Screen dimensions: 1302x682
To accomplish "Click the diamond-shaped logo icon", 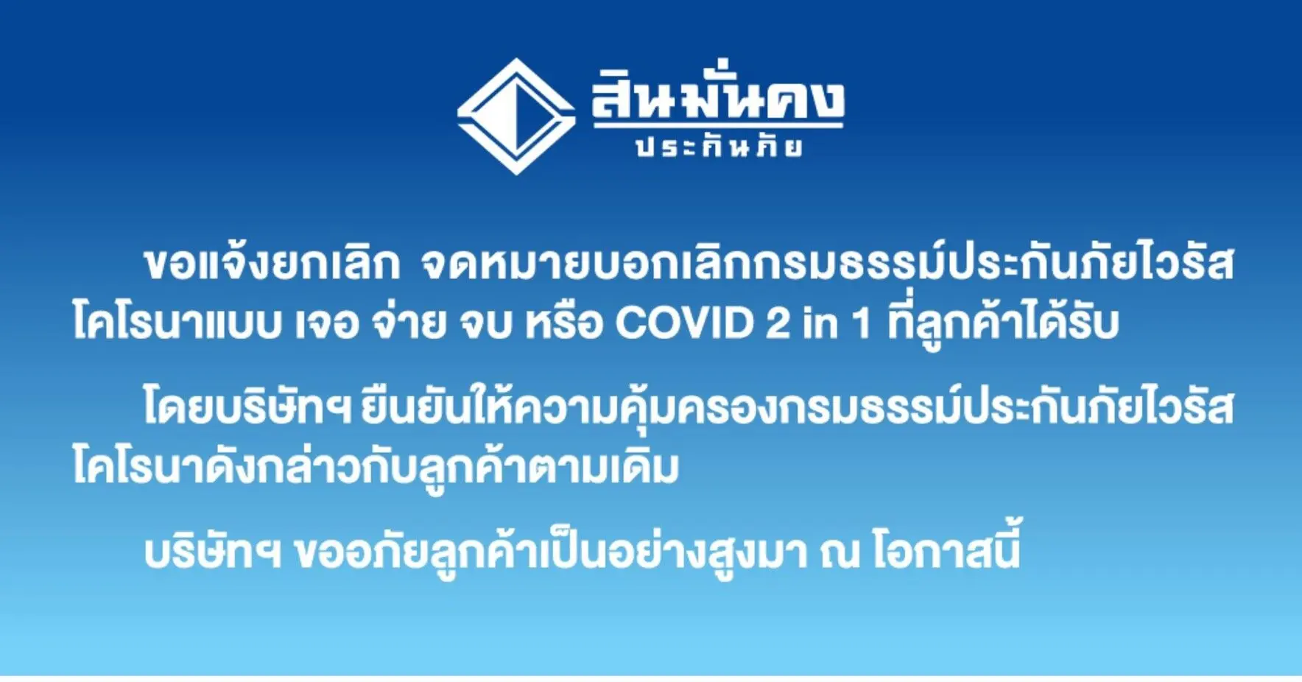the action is [516, 116].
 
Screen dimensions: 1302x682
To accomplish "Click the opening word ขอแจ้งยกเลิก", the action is [272, 262].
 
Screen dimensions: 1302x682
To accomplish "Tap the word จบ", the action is [487, 324].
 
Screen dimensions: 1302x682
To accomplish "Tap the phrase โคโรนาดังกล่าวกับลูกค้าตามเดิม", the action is [376, 467].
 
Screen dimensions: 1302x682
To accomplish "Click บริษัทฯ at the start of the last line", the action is [212, 552].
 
